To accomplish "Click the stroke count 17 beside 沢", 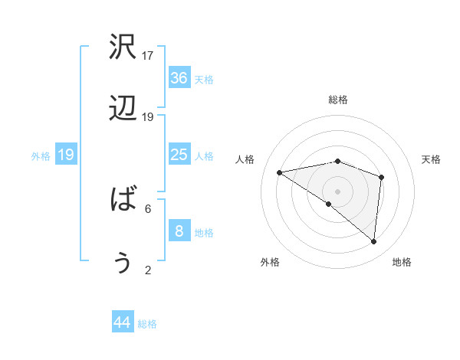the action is [148, 56].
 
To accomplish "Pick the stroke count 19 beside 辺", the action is [148, 117].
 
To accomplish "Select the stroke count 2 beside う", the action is [148, 270].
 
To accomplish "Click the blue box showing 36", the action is [179, 78].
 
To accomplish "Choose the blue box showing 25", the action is [179, 155].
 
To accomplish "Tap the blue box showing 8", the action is [179, 231].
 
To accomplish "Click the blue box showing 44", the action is [123, 322].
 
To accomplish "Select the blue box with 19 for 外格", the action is [66, 155].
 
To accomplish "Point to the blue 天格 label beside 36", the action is [204, 80].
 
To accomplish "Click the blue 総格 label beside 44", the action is [147, 324].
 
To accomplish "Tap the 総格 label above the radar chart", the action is [338, 100].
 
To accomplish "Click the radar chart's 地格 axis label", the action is [402, 262].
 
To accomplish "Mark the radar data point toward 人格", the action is [280, 172].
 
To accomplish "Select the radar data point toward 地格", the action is [373, 241].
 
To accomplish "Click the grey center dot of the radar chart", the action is [338, 191].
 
